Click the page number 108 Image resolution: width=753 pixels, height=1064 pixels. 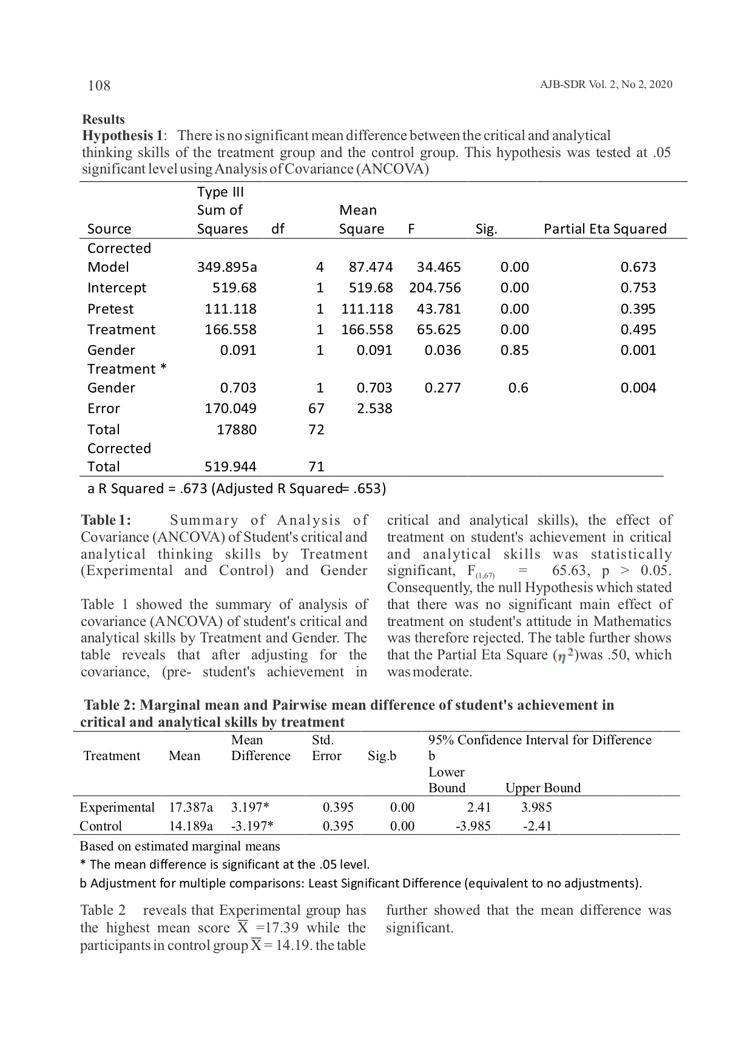(x=99, y=86)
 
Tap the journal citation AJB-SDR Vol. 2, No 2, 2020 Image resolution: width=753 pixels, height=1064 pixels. (x=606, y=85)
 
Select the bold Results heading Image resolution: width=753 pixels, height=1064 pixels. (x=103, y=120)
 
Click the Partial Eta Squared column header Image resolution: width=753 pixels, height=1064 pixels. (x=605, y=229)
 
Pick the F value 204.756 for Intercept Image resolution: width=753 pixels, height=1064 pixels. (x=434, y=288)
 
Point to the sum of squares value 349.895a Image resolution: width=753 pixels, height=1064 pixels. (x=227, y=267)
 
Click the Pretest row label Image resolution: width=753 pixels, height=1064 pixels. (x=110, y=309)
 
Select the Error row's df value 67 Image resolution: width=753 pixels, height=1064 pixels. (x=316, y=408)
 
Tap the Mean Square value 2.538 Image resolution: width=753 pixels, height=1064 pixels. (x=374, y=408)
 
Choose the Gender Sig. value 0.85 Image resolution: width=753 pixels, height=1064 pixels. (x=515, y=350)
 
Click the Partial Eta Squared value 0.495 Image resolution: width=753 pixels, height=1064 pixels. (x=638, y=329)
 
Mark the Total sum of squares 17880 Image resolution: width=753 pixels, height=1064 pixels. (x=237, y=429)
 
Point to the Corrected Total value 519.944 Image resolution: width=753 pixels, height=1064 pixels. (x=230, y=466)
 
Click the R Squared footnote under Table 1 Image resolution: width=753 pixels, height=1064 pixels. (x=237, y=488)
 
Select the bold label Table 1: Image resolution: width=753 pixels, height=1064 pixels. (x=106, y=520)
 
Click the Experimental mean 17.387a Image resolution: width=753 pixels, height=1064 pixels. (x=191, y=807)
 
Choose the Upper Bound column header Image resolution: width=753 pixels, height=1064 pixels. (x=542, y=788)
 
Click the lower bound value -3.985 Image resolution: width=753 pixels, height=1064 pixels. (x=473, y=826)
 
